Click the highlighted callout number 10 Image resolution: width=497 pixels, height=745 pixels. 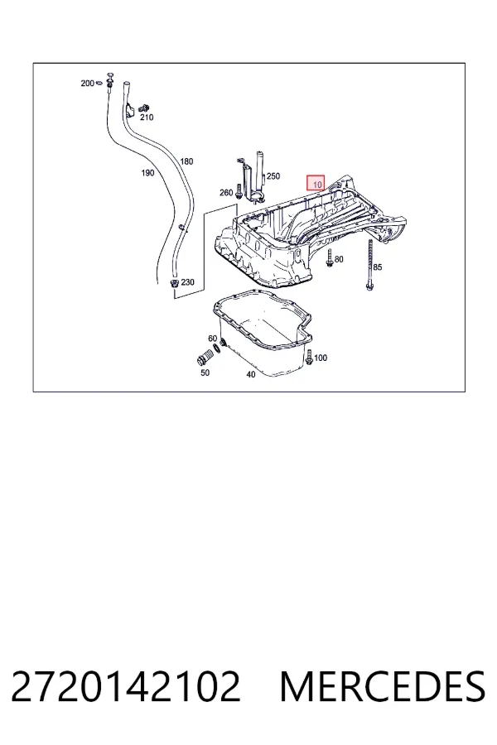317,184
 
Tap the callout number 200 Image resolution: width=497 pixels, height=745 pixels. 87,83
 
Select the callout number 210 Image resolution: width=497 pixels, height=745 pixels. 147,118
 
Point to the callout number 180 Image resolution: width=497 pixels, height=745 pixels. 186,161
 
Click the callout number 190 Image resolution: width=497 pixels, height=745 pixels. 147,173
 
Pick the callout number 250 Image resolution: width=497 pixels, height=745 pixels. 273,176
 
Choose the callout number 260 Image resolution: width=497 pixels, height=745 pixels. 226,192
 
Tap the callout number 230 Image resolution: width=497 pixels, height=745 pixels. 187,282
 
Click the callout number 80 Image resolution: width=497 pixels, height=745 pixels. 339,259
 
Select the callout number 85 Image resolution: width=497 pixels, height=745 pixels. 377,267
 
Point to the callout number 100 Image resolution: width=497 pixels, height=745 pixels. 321,358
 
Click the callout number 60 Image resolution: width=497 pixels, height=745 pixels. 213,339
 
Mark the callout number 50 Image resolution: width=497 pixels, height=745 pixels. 205,372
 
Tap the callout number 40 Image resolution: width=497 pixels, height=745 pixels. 251,374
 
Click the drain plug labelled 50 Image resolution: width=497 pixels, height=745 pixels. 203,359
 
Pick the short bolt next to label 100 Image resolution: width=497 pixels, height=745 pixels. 309,358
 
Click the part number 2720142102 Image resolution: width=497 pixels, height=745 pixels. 126,686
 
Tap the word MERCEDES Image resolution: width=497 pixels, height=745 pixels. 383,686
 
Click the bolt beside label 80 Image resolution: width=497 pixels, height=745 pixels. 330,258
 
